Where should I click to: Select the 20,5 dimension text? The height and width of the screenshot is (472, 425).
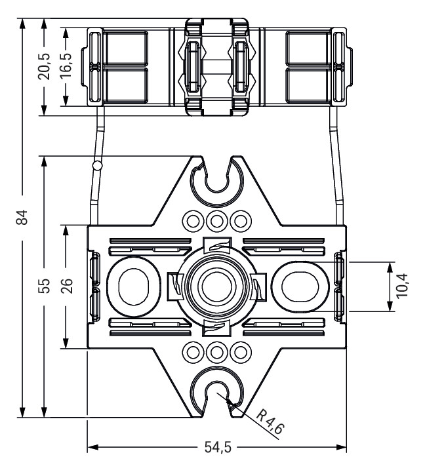click(44, 66)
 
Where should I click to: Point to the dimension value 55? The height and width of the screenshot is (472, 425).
click(44, 286)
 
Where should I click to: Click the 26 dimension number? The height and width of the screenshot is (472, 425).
click(66, 286)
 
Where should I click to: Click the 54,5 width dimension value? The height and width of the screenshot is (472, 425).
click(216, 449)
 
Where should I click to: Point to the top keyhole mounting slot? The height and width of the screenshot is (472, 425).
click(216, 178)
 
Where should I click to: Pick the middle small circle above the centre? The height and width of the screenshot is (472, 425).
click(216, 219)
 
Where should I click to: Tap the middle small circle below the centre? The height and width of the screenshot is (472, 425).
click(216, 352)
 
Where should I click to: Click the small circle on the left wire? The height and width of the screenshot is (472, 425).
click(98, 167)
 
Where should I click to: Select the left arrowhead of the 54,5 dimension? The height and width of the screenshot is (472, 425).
click(92, 449)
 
